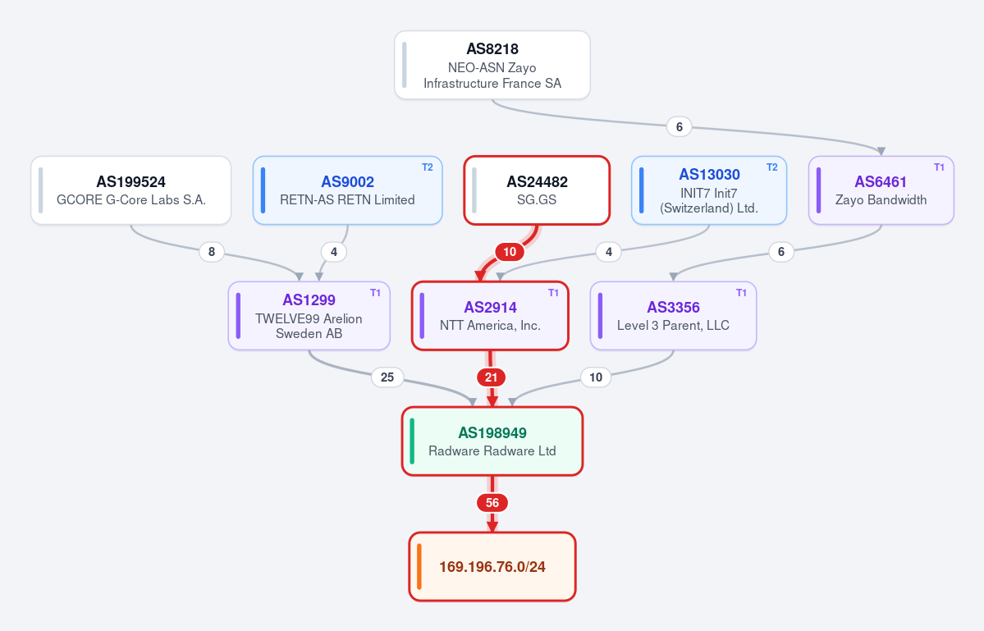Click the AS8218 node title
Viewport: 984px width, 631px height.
(492, 49)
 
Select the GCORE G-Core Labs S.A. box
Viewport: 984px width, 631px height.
(131, 190)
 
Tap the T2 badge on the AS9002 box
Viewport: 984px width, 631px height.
(428, 167)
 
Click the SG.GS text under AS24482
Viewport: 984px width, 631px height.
(537, 200)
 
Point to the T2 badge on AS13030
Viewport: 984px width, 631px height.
(772, 167)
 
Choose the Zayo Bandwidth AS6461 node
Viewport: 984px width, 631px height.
(881, 190)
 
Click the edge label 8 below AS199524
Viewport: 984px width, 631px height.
(212, 252)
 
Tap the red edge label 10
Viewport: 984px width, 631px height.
(510, 252)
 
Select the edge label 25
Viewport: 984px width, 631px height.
(387, 377)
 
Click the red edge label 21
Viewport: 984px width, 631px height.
(492, 377)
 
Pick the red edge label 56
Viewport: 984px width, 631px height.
(492, 502)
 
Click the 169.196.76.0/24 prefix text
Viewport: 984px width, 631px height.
(492, 567)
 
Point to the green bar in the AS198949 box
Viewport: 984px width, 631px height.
(412, 441)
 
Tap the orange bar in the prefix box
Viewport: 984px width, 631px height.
(419, 566)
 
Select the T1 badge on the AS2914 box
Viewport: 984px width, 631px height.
(553, 293)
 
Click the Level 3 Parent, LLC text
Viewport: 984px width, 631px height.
(673, 326)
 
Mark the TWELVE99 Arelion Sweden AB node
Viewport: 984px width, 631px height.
(309, 315)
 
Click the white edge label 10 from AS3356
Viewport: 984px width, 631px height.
(596, 377)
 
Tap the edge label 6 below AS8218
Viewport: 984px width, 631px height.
(679, 126)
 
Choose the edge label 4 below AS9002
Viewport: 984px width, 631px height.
(334, 252)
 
